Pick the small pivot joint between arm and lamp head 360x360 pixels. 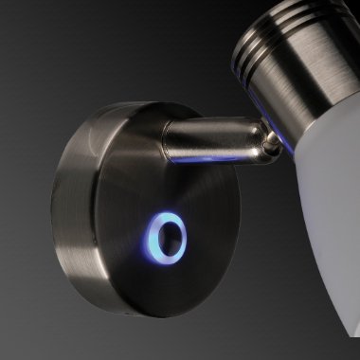point(272,142)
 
